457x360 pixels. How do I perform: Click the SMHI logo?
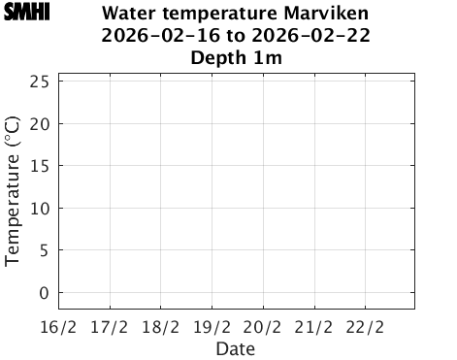26,13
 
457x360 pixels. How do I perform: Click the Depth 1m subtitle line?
236,58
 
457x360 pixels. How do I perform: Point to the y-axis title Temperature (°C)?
13,189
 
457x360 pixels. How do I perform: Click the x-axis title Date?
236,348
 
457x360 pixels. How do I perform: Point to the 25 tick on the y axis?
40,82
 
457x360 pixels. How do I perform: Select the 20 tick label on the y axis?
40,123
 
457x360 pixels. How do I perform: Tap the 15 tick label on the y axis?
40,166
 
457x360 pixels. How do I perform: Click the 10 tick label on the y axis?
40,208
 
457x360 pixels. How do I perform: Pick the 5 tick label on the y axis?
45,250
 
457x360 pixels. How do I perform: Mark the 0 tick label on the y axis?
45,292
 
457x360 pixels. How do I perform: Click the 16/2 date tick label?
58,327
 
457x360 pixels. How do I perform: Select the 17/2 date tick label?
110,327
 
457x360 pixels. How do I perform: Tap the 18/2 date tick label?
161,327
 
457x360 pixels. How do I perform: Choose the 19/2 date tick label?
212,327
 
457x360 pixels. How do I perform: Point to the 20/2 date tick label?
262,327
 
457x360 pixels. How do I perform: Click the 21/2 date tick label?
313,327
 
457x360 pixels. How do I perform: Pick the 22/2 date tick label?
365,327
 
